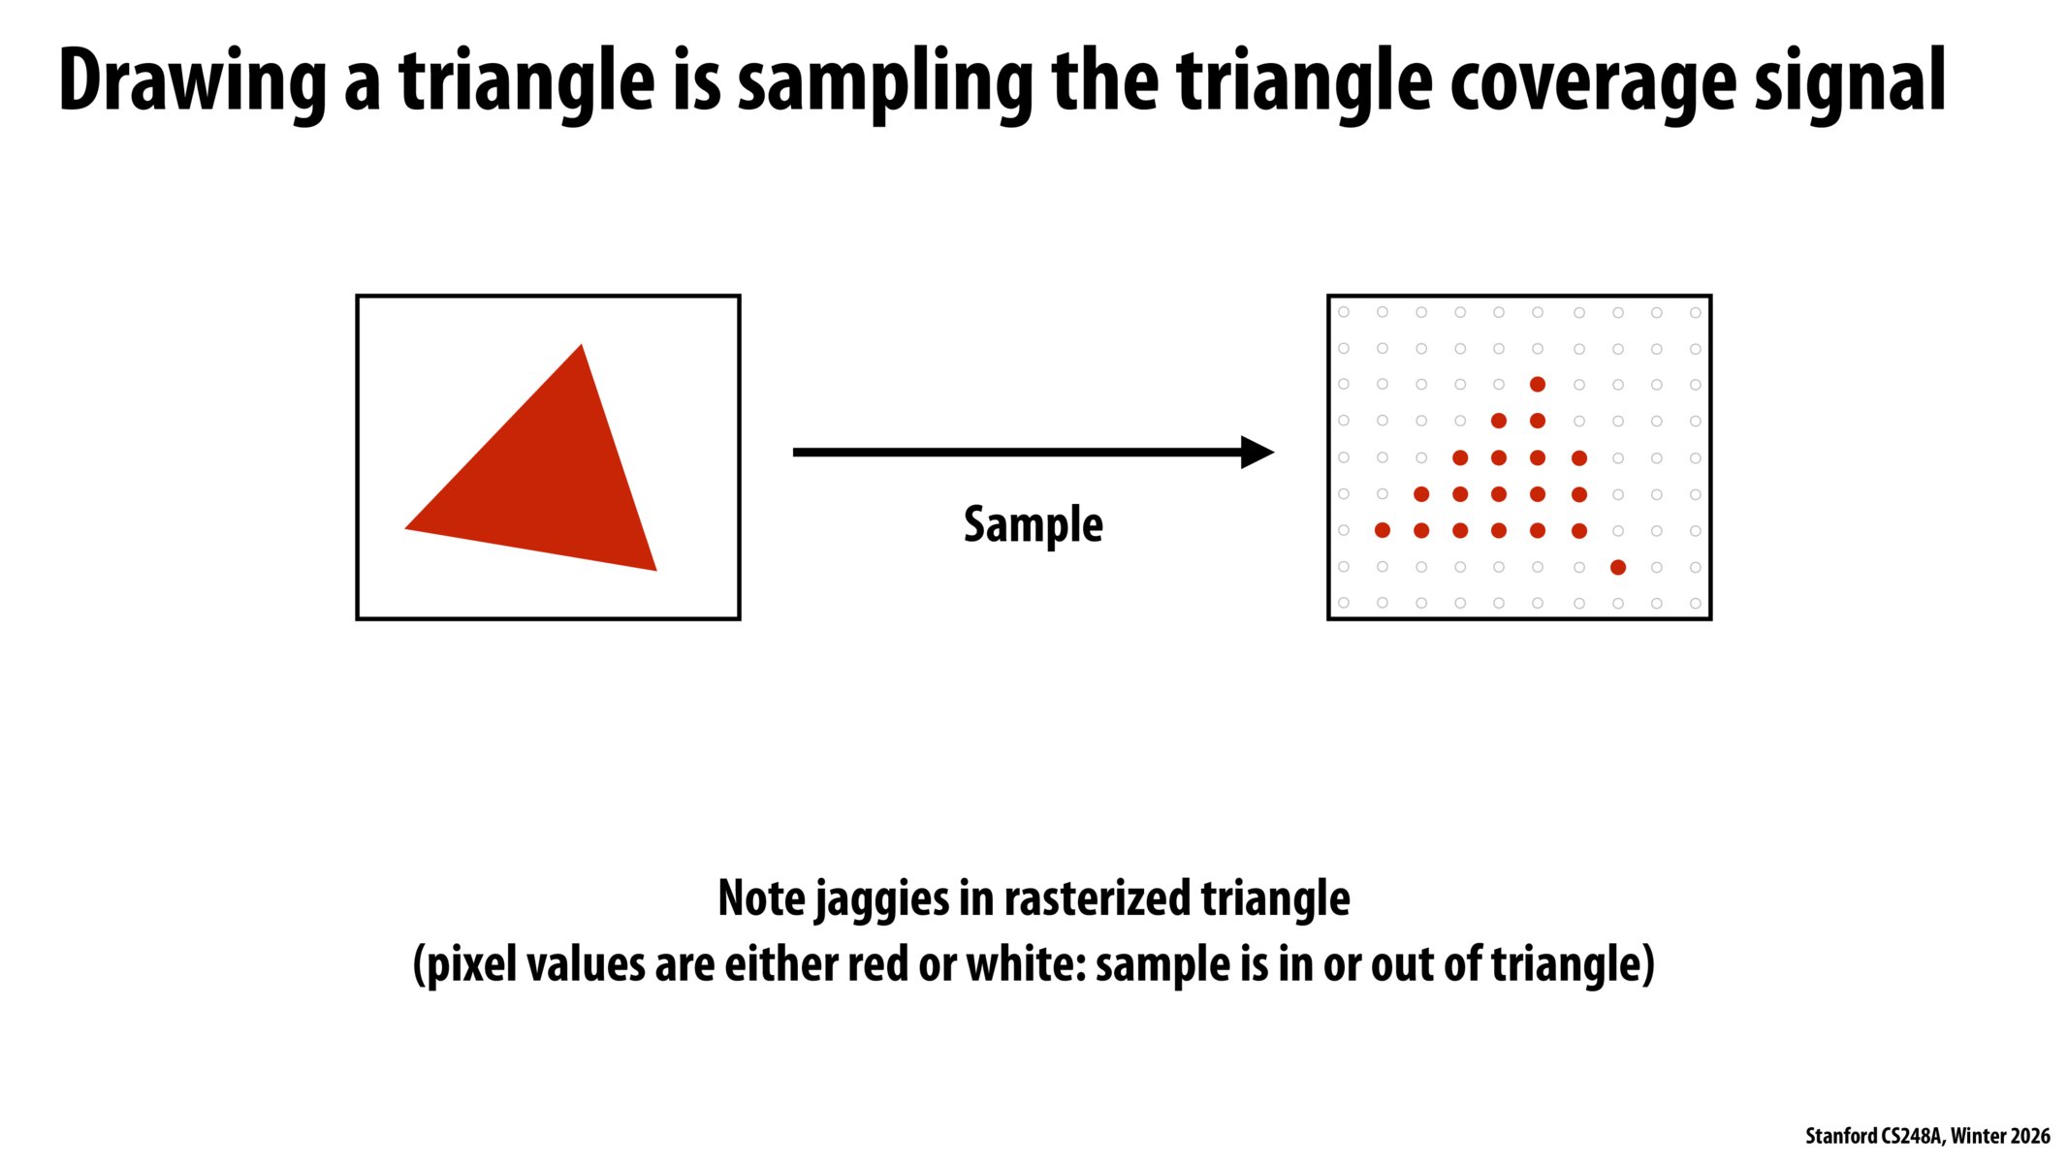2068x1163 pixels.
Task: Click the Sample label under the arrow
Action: pos(1034,525)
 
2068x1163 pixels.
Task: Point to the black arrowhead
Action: pos(1257,452)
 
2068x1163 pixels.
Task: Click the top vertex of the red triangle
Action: pos(582,344)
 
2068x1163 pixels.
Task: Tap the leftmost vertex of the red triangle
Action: pos(405,528)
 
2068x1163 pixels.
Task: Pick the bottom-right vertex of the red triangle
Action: pos(656,570)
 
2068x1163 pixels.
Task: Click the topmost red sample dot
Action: pos(1538,385)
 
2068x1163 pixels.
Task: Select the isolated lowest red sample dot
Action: pos(1618,567)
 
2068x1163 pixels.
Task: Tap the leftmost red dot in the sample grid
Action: pos(1383,530)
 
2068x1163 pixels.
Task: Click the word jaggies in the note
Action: pos(881,899)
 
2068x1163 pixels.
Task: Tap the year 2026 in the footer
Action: pos(2027,1136)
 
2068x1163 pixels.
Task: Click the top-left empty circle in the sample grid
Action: pos(1344,312)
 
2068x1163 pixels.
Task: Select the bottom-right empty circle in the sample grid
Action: pos(1696,603)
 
